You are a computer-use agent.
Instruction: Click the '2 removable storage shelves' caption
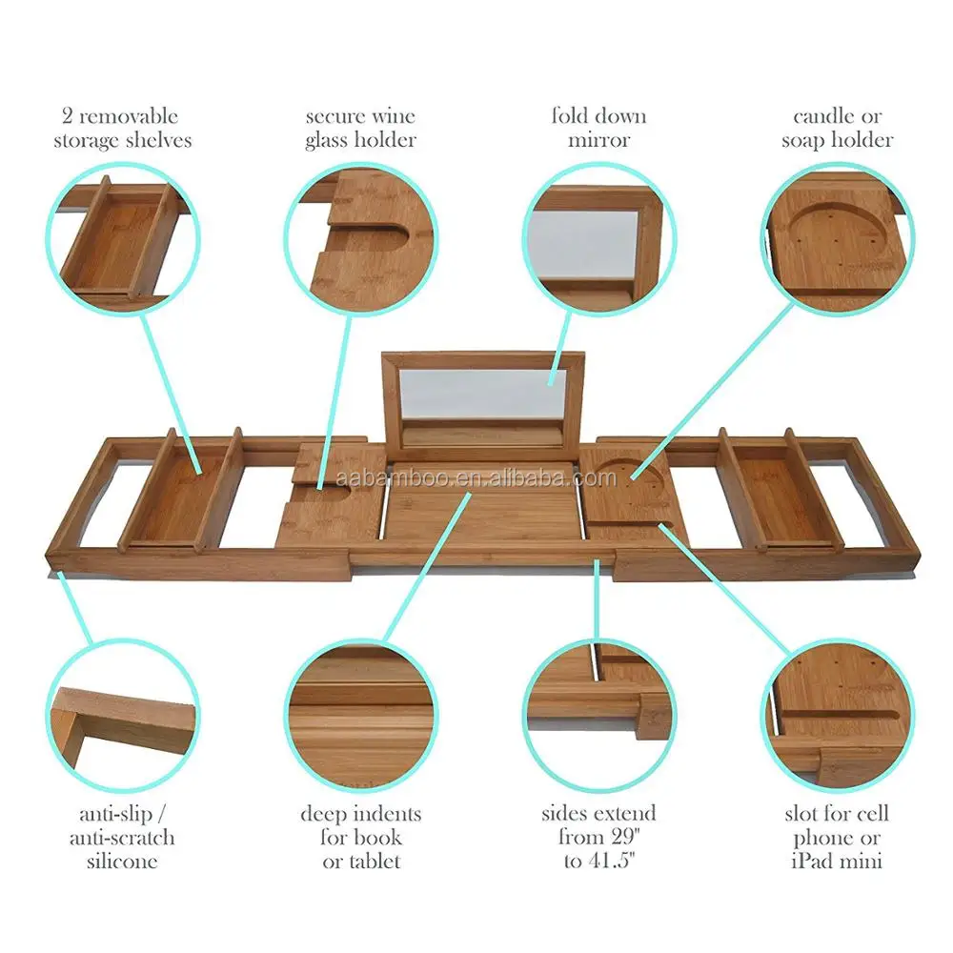click(x=122, y=129)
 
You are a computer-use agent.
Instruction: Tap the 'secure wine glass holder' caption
click(x=360, y=129)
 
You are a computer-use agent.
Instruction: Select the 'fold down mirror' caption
click(x=598, y=129)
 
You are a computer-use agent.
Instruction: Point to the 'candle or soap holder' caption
click(x=837, y=129)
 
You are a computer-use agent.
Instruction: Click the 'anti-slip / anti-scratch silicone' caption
click(x=121, y=838)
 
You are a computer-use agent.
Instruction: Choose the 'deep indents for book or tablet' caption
click(x=360, y=838)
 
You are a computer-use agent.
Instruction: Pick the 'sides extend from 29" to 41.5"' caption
click(x=598, y=838)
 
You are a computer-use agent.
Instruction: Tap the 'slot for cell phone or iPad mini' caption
click(x=837, y=838)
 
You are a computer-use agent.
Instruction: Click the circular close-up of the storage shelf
click(x=122, y=238)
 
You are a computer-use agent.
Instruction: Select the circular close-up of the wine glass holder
click(x=360, y=238)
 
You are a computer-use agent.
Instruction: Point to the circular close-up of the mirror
click(x=598, y=238)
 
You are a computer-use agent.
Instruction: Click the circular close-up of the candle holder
click(x=837, y=238)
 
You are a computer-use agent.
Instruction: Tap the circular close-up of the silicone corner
click(x=122, y=715)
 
